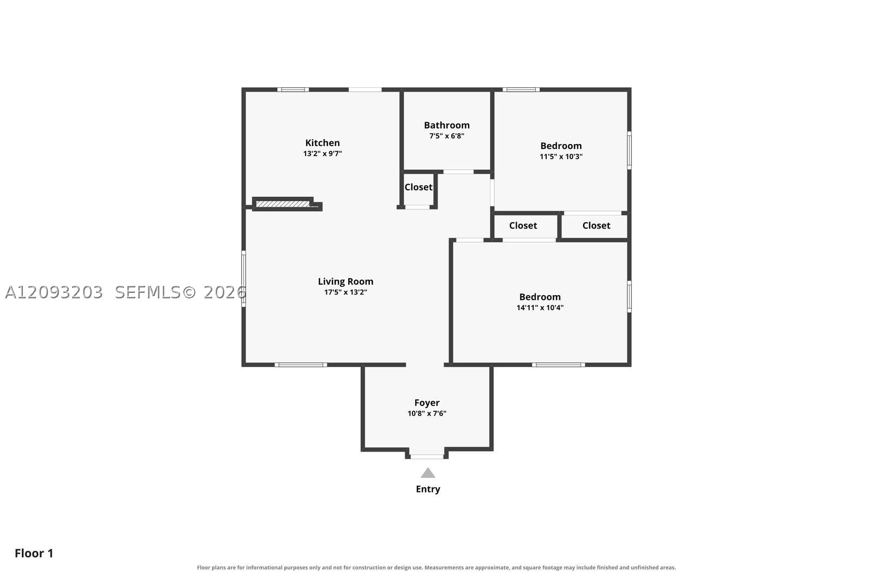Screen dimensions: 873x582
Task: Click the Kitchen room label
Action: pyautogui.click(x=322, y=142)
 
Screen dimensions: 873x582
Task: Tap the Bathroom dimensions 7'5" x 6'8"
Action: pyautogui.click(x=447, y=136)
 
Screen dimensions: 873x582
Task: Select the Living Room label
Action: pyautogui.click(x=345, y=281)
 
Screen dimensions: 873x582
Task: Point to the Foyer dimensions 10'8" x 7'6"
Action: pyautogui.click(x=427, y=413)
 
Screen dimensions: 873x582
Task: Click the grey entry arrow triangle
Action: pyautogui.click(x=428, y=473)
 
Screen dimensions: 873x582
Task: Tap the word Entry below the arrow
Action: pyautogui.click(x=428, y=489)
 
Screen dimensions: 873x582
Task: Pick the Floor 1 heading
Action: pyautogui.click(x=34, y=553)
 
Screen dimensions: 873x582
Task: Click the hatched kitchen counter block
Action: pyautogui.click(x=283, y=204)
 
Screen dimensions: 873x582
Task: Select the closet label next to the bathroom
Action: pyautogui.click(x=418, y=187)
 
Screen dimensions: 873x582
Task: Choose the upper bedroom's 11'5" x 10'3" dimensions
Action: pyautogui.click(x=561, y=157)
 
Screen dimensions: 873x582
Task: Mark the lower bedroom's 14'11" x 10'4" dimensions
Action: pyautogui.click(x=540, y=308)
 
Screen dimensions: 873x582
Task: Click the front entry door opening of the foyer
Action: pyautogui.click(x=427, y=457)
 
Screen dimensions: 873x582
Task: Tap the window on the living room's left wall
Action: pyautogui.click(x=243, y=279)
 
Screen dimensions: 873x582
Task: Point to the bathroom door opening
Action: pyautogui.click(x=458, y=172)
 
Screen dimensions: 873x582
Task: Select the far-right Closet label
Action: pyautogui.click(x=596, y=226)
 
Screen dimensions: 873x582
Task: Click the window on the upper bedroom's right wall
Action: pyautogui.click(x=629, y=151)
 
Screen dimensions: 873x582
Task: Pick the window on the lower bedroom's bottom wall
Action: pyautogui.click(x=559, y=364)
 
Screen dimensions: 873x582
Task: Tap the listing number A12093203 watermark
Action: pyautogui.click(x=54, y=292)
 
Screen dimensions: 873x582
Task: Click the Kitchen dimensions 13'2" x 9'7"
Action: pyautogui.click(x=322, y=153)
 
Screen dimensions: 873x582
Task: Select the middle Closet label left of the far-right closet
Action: pyautogui.click(x=523, y=226)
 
